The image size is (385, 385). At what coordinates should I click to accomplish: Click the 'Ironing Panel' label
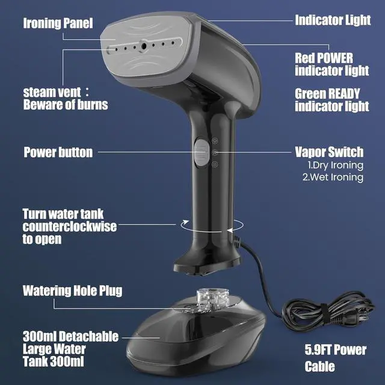pyautogui.click(x=58, y=23)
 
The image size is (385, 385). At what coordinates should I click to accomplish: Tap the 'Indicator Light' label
pyautogui.click(x=333, y=20)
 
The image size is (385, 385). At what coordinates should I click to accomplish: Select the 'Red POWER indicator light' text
pyautogui.click(x=331, y=64)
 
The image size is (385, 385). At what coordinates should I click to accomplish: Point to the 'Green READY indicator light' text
pyautogui.click(x=331, y=100)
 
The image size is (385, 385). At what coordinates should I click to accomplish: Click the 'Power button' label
pyautogui.click(x=58, y=152)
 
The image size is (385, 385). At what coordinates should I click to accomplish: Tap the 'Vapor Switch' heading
pyautogui.click(x=329, y=152)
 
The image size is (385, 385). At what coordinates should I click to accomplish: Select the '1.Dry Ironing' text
pyautogui.click(x=336, y=165)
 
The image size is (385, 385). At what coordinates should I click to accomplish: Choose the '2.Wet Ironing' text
pyautogui.click(x=333, y=177)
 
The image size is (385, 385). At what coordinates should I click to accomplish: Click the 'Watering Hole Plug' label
pyautogui.click(x=72, y=291)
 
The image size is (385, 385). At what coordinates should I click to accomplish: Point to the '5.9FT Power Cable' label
pyautogui.click(x=336, y=358)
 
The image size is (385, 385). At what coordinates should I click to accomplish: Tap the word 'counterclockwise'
pyautogui.click(x=70, y=226)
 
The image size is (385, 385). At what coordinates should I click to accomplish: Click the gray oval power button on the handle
pyautogui.click(x=202, y=153)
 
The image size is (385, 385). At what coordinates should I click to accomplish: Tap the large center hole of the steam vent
pyautogui.click(x=144, y=46)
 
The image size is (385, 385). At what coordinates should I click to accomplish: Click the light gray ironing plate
pyautogui.click(x=146, y=46)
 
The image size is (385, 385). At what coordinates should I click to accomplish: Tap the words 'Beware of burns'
pyautogui.click(x=66, y=105)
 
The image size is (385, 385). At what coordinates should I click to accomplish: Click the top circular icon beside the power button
pyautogui.click(x=215, y=141)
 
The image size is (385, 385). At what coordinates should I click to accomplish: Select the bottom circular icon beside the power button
pyautogui.click(x=215, y=164)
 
